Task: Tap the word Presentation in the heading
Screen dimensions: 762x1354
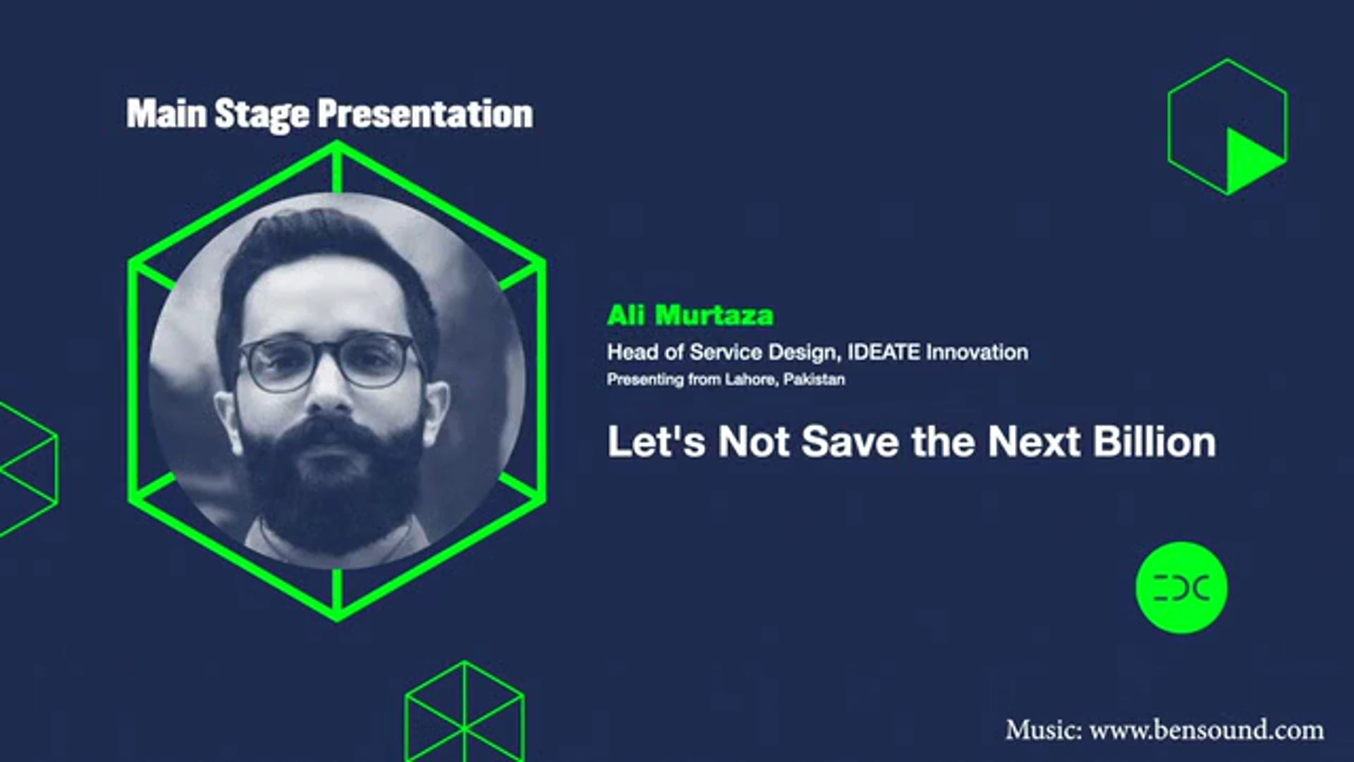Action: [x=425, y=114]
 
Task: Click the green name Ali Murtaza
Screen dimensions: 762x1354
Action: [x=690, y=315]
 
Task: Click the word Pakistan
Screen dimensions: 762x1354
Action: [x=814, y=380]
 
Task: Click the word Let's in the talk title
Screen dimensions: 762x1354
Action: [x=656, y=442]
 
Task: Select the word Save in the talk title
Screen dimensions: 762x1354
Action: [x=850, y=442]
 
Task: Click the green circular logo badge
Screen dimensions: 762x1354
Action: [x=1181, y=588]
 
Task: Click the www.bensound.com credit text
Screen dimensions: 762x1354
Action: [x=1206, y=730]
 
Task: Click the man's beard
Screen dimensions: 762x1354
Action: [x=331, y=487]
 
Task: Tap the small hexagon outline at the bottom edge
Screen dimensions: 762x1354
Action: [x=465, y=713]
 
